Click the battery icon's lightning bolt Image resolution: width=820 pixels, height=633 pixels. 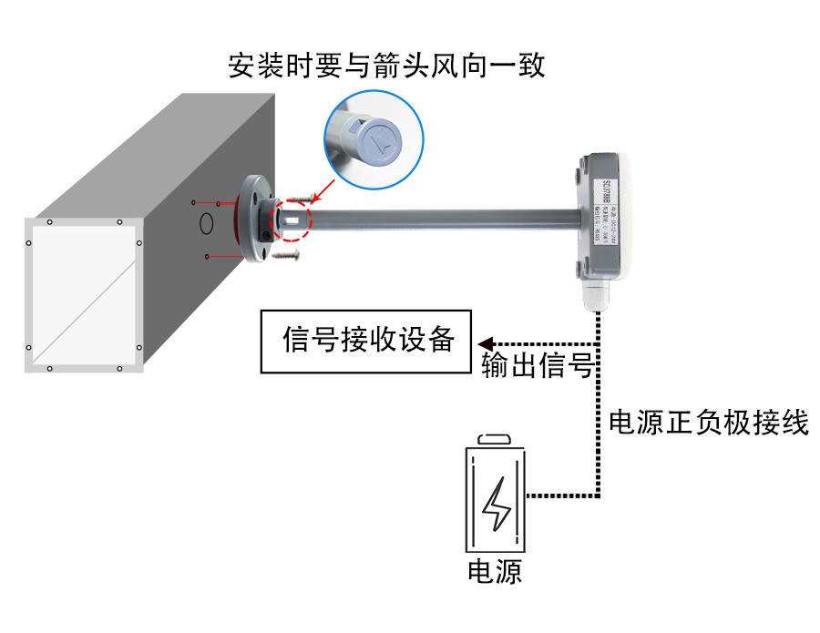tap(497, 504)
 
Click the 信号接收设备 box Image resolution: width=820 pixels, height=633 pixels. tap(367, 342)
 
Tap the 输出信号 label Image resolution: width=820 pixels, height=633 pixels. tap(538, 365)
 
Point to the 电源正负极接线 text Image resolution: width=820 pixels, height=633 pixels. tap(708, 422)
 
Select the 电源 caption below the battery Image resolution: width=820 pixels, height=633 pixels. tap(495, 571)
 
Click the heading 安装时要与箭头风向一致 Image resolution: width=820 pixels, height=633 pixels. tap(386, 66)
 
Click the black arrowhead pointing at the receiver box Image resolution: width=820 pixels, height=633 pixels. tap(486, 343)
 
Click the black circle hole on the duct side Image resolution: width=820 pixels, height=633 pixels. tap(207, 221)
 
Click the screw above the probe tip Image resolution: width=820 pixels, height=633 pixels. tap(298, 198)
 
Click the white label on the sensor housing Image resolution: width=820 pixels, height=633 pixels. tap(609, 212)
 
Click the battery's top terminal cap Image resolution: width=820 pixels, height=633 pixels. tap(497, 439)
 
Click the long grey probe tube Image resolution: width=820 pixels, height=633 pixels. tap(437, 219)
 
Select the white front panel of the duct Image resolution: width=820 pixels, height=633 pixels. tap(84, 296)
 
